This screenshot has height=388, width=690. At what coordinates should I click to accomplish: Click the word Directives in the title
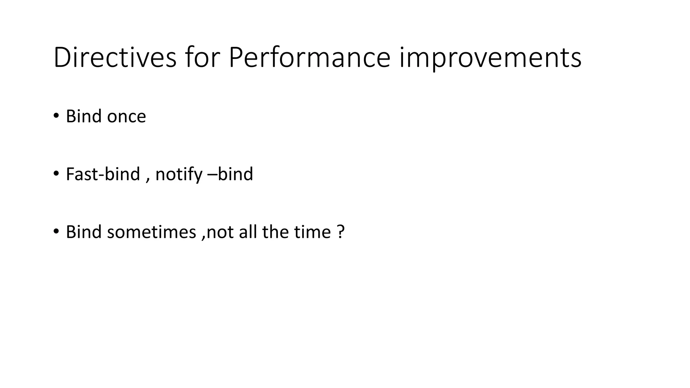pos(115,58)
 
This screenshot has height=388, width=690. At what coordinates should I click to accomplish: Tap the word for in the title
pos(202,58)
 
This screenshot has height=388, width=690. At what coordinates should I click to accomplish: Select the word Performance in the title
pos(309,58)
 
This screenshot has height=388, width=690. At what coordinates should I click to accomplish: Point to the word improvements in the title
pos(490,58)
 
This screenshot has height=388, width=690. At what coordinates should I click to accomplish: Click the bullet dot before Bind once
pos(56,116)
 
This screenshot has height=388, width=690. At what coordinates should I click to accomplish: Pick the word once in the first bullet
pos(126,117)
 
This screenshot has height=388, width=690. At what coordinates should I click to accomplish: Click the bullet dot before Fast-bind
pos(56,173)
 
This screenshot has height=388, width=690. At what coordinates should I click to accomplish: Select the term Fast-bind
pos(103,174)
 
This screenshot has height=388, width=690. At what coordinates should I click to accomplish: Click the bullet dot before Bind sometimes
pos(56,231)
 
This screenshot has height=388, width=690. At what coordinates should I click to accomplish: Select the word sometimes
pos(152,232)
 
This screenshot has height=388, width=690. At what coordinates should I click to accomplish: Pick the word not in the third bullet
pos(220,232)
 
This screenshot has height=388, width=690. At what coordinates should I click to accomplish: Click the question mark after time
pos(341,232)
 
